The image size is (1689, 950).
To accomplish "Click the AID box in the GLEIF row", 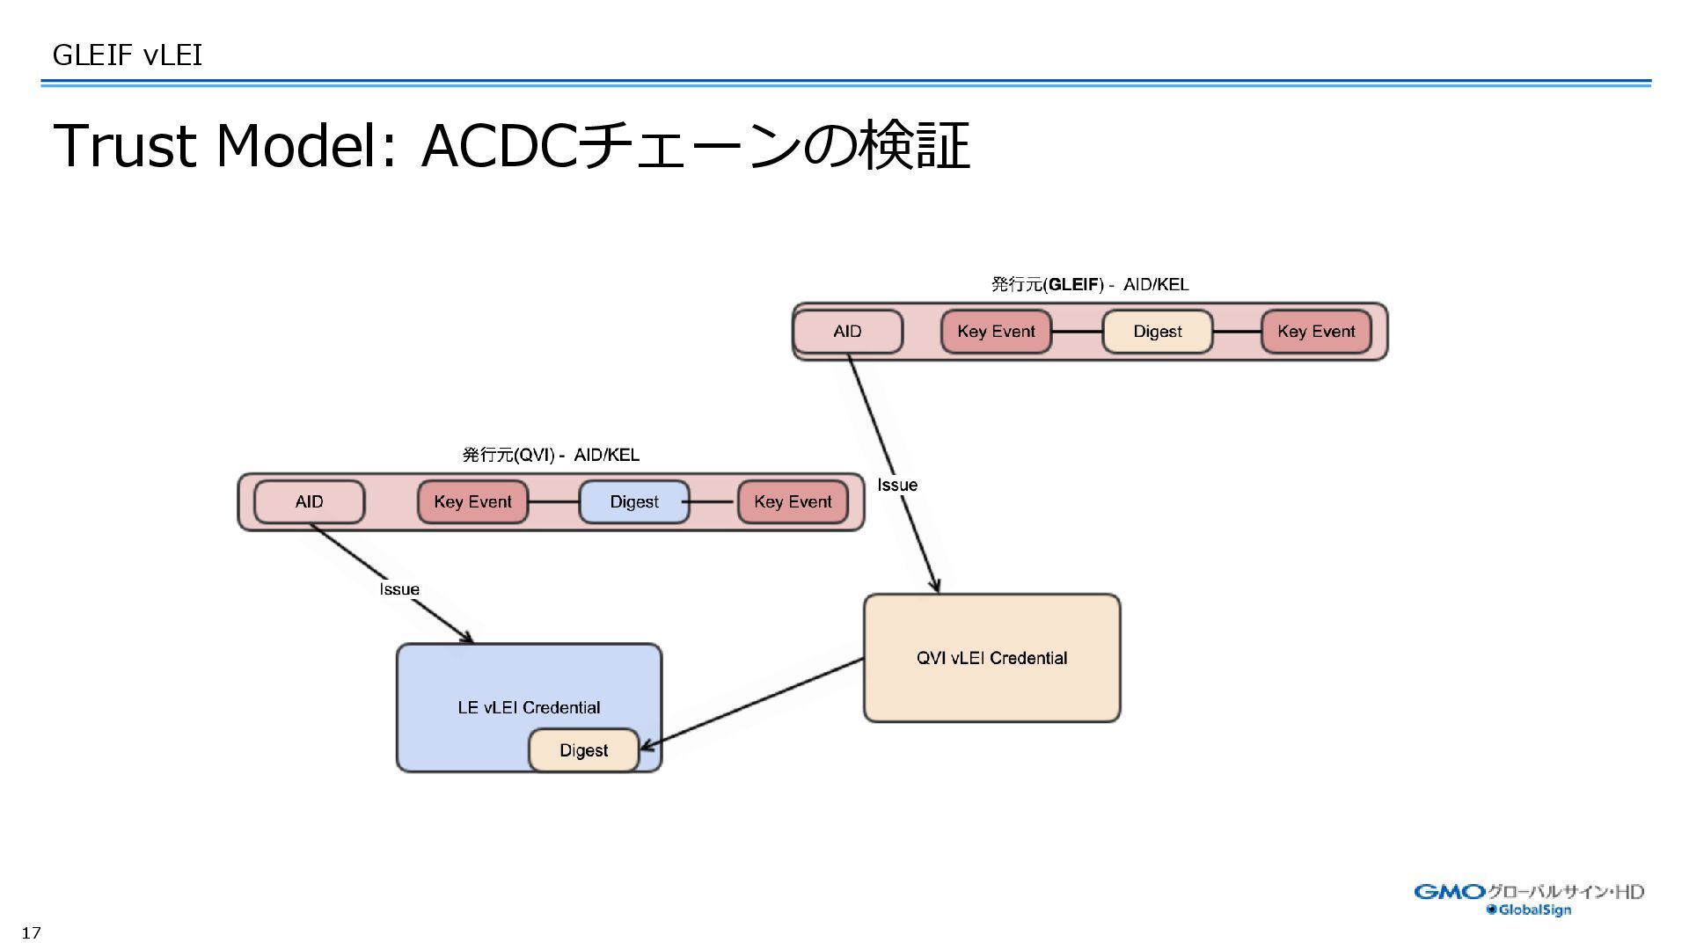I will coord(848,332).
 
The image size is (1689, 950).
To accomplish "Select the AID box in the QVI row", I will coord(309,502).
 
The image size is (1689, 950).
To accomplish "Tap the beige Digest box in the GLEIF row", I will coord(1157,332).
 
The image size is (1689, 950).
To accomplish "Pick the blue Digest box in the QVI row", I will coord(633,502).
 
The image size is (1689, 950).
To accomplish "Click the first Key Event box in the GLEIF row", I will coord(996,332).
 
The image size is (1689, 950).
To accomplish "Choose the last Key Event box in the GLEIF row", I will coord(1316,332).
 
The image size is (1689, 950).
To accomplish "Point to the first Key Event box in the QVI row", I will coord(472,502).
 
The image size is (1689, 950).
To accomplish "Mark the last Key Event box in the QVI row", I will coord(793,502).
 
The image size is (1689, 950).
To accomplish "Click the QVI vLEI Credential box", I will coord(991,658).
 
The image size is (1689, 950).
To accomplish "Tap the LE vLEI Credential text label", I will coord(529,707).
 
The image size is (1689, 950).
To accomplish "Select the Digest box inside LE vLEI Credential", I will coord(583,750).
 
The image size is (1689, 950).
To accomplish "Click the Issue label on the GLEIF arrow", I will coord(897,485).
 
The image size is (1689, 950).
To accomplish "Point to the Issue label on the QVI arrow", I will coord(399,589).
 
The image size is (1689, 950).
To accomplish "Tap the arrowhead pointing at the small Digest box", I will coord(647,748).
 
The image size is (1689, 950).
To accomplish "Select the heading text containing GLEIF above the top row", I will coord(1089,284).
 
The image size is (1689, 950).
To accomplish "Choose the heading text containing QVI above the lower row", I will coord(551,455).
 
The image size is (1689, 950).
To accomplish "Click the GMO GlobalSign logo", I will coord(1529,899).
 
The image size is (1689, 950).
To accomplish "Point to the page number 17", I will coord(32,933).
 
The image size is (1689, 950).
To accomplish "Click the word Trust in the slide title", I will coord(124,146).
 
